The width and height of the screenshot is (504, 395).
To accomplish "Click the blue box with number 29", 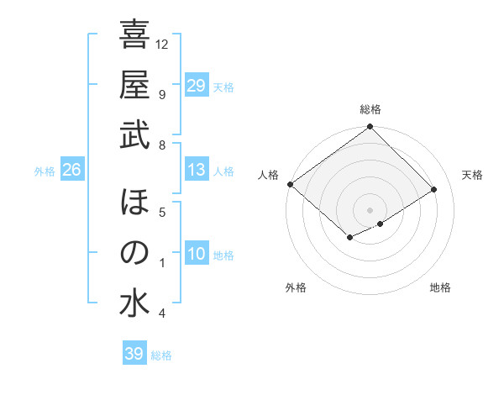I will (x=197, y=86).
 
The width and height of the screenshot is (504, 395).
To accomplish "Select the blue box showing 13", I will (x=197, y=170).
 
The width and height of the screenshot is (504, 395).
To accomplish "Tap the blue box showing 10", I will (x=197, y=254).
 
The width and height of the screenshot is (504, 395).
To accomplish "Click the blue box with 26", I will (x=71, y=171).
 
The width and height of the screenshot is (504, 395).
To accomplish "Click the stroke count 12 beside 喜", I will (x=162, y=44).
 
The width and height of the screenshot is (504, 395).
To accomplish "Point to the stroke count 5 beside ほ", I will (x=161, y=212).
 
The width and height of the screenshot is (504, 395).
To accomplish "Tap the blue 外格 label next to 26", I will (x=45, y=171).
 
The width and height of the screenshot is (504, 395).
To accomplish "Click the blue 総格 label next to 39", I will (x=161, y=355).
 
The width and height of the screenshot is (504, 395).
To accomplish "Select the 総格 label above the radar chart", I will (x=370, y=109).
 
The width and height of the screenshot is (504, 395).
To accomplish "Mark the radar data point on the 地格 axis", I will (x=381, y=224).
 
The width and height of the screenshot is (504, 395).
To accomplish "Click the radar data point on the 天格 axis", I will (x=434, y=190).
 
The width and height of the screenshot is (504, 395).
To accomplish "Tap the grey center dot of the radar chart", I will (x=370, y=209).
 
